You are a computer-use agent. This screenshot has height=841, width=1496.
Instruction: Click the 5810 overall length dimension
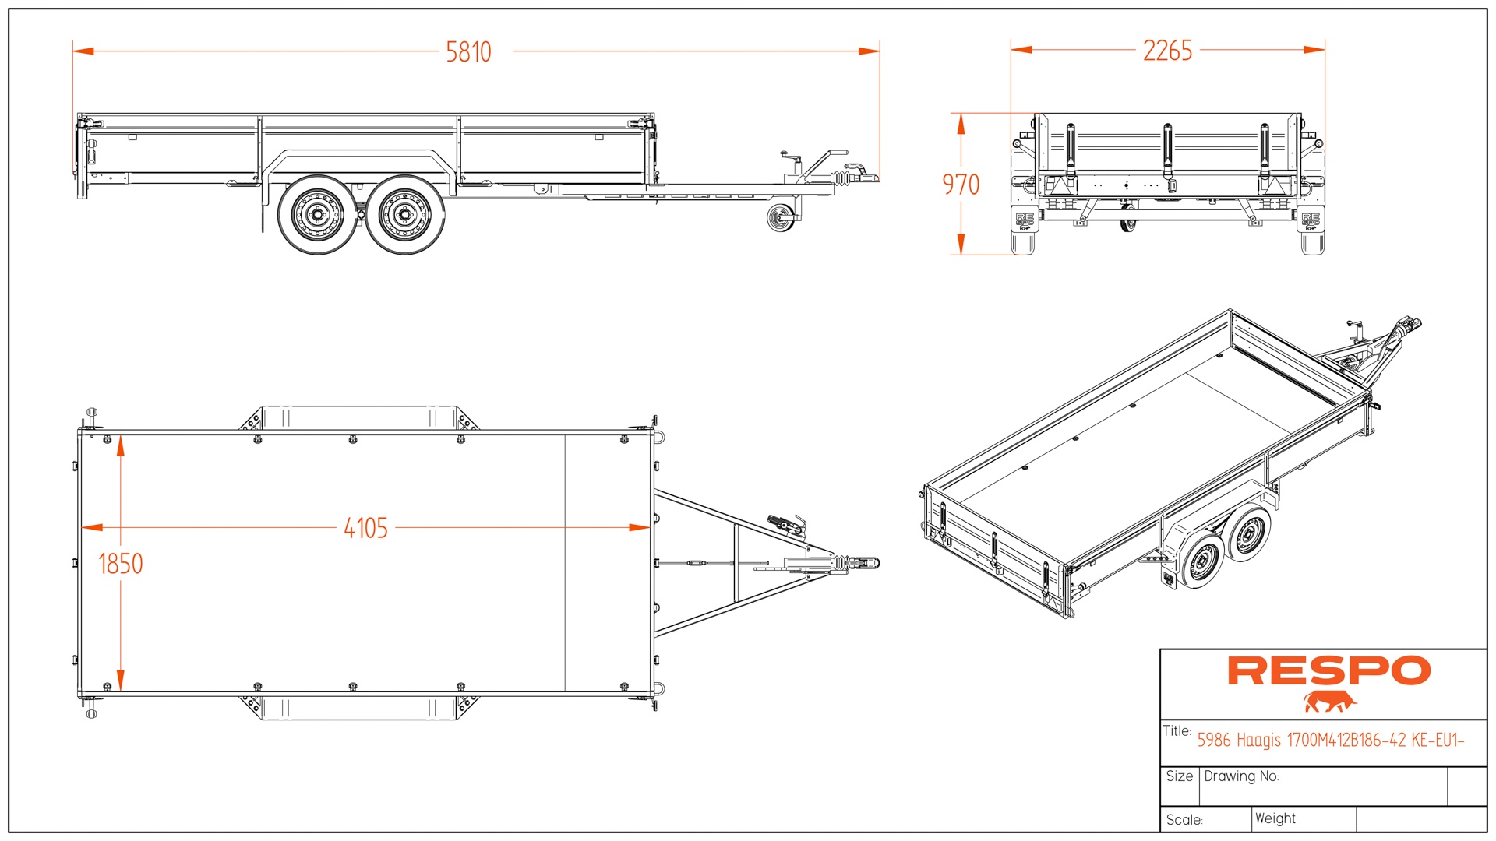tap(468, 52)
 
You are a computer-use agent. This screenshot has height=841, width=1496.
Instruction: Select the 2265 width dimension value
tap(1167, 51)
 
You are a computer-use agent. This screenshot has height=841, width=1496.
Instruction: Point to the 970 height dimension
tap(961, 185)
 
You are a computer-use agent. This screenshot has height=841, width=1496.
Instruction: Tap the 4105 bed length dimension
tap(365, 528)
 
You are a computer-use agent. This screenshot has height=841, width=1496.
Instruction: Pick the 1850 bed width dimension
tap(121, 564)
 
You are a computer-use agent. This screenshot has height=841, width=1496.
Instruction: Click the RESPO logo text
tap(1329, 671)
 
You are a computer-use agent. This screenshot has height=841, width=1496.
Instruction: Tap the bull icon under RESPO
tap(1329, 702)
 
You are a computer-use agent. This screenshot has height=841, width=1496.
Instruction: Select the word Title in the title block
tap(1177, 731)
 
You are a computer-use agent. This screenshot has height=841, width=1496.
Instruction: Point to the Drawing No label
tap(1241, 776)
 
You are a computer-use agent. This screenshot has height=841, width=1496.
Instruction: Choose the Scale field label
tap(1184, 820)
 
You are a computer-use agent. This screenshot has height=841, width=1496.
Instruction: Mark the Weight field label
tap(1276, 818)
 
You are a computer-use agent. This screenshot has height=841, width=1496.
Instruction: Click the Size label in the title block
tap(1179, 776)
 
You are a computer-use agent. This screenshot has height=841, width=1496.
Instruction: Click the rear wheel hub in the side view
tap(316, 216)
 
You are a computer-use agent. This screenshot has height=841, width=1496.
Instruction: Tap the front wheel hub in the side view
tap(404, 216)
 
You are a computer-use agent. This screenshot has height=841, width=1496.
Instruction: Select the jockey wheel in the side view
tap(780, 219)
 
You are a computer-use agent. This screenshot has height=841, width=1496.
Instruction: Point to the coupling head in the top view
tap(863, 562)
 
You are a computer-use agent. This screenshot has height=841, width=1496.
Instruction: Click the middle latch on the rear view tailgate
tap(1167, 152)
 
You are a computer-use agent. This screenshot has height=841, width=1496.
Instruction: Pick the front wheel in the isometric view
tap(1249, 533)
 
